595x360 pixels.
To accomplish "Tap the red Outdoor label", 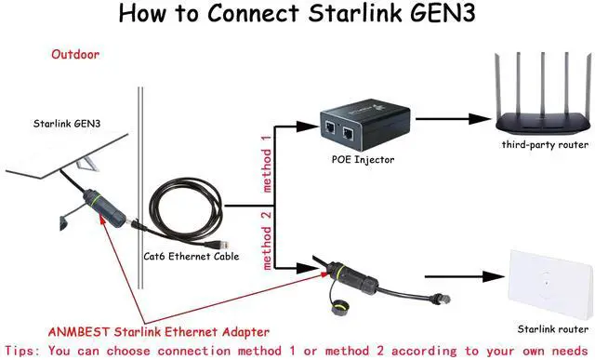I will pos(75,55).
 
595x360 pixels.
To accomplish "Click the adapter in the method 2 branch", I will pos(335,274).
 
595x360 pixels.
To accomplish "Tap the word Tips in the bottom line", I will pos(21,351).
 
